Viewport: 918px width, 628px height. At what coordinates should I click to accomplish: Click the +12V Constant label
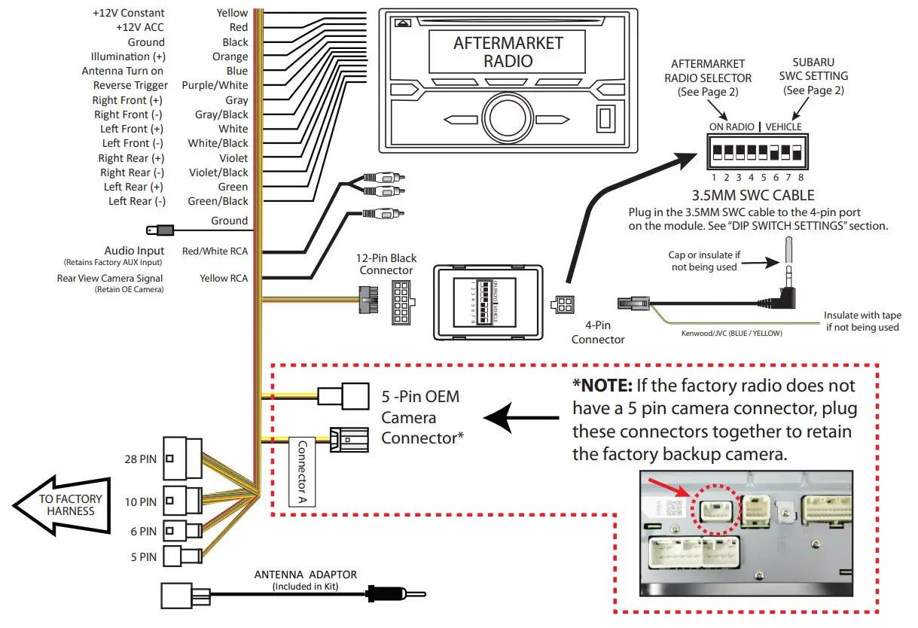pyautogui.click(x=128, y=13)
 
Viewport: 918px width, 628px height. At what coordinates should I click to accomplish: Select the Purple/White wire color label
pyautogui.click(x=215, y=85)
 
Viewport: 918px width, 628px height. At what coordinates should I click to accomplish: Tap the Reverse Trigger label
pyautogui.click(x=130, y=85)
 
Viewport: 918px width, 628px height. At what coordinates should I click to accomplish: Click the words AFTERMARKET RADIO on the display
pyautogui.click(x=508, y=52)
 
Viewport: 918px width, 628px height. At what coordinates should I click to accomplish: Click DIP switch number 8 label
pyautogui.click(x=801, y=178)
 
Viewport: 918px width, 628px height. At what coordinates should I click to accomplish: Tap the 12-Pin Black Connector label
pyautogui.click(x=386, y=264)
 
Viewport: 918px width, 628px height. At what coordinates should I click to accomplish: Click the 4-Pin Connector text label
pyautogui.click(x=598, y=333)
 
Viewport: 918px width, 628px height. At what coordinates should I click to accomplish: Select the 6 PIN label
pyautogui.click(x=143, y=531)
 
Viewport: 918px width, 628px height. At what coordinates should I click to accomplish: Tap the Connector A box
pyautogui.click(x=303, y=472)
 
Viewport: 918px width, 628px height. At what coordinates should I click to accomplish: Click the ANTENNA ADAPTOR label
pyautogui.click(x=306, y=575)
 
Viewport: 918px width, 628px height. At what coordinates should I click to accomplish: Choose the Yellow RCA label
pyautogui.click(x=224, y=278)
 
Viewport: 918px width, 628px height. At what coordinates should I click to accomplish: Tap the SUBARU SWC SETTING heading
pyautogui.click(x=814, y=76)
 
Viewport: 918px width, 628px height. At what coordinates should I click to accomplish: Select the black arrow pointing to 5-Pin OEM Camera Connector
pyautogui.click(x=520, y=416)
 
